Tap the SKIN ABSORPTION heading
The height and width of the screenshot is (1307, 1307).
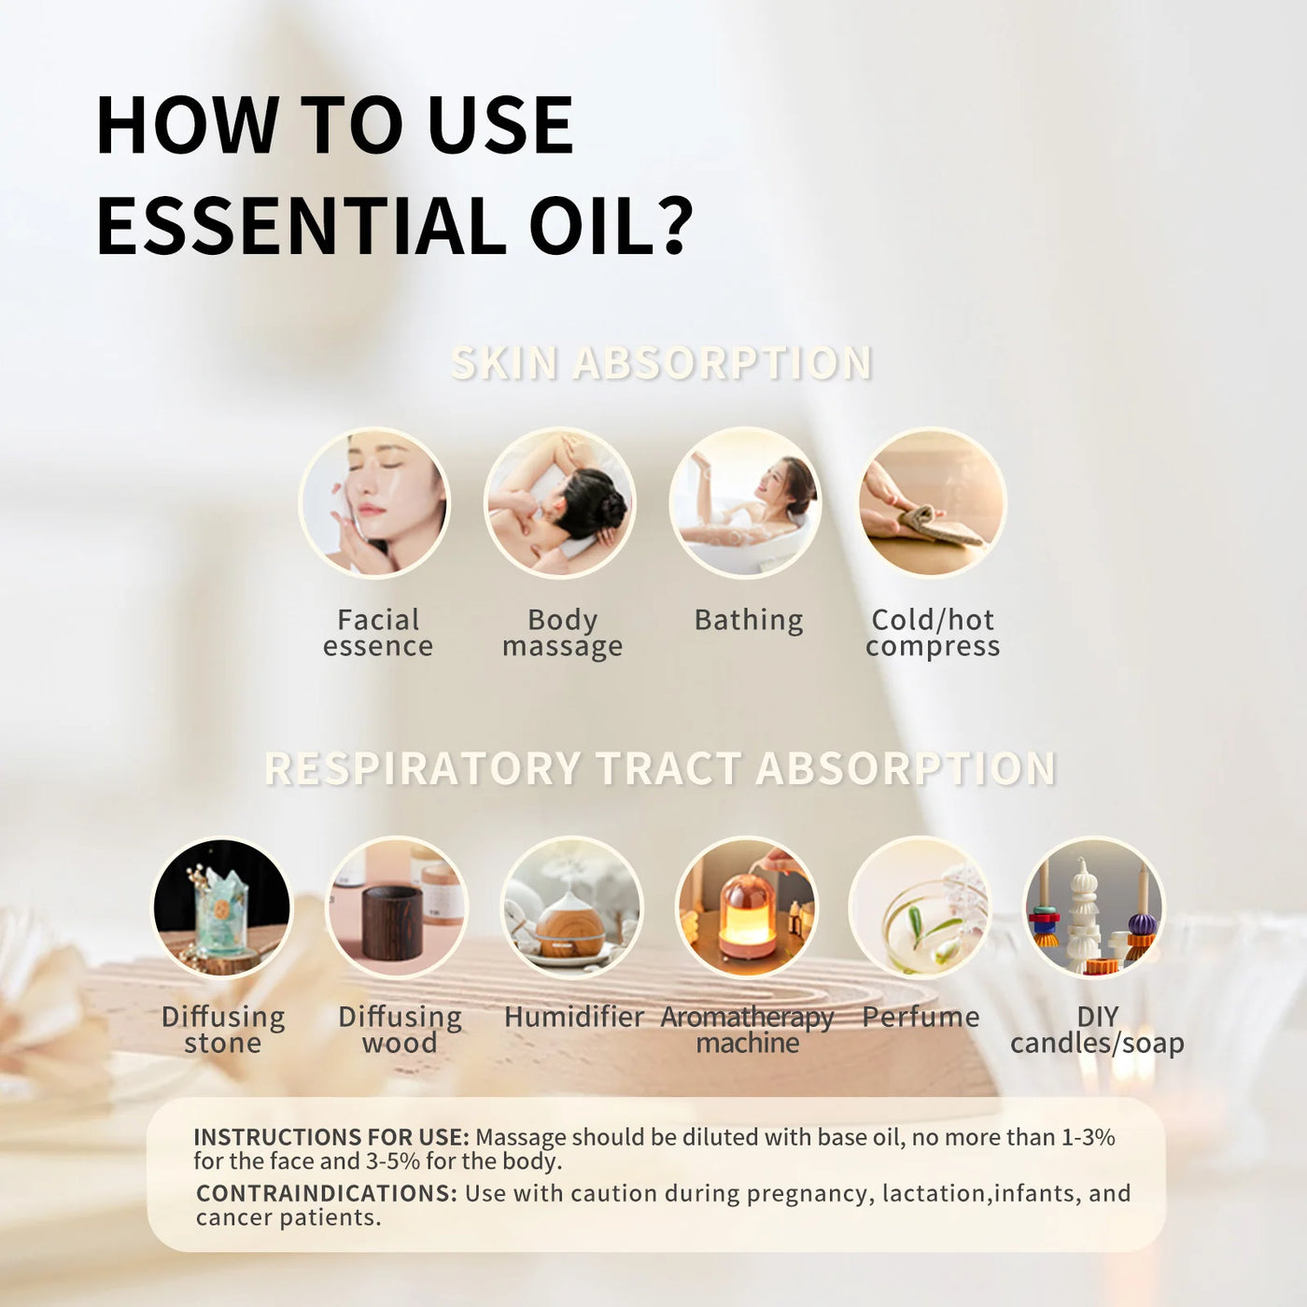[661, 363]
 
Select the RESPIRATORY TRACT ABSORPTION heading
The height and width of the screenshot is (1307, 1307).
[660, 768]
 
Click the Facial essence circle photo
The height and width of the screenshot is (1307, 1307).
[374, 503]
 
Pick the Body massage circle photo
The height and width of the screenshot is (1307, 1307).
[559, 503]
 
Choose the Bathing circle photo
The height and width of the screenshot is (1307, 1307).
[745, 503]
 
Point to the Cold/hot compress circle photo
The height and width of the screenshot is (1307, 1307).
[932, 503]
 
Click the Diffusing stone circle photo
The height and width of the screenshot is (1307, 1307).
[222, 907]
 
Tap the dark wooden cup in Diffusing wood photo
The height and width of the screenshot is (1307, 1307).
[391, 923]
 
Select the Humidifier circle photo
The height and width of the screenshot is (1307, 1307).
[572, 907]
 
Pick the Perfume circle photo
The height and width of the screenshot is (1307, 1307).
[920, 907]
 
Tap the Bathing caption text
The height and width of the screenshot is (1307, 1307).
[749, 621]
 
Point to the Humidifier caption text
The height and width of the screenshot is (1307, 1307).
[573, 1017]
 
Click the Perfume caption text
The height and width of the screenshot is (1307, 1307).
[921, 1017]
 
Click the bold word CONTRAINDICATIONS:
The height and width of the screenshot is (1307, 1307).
[326, 1193]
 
